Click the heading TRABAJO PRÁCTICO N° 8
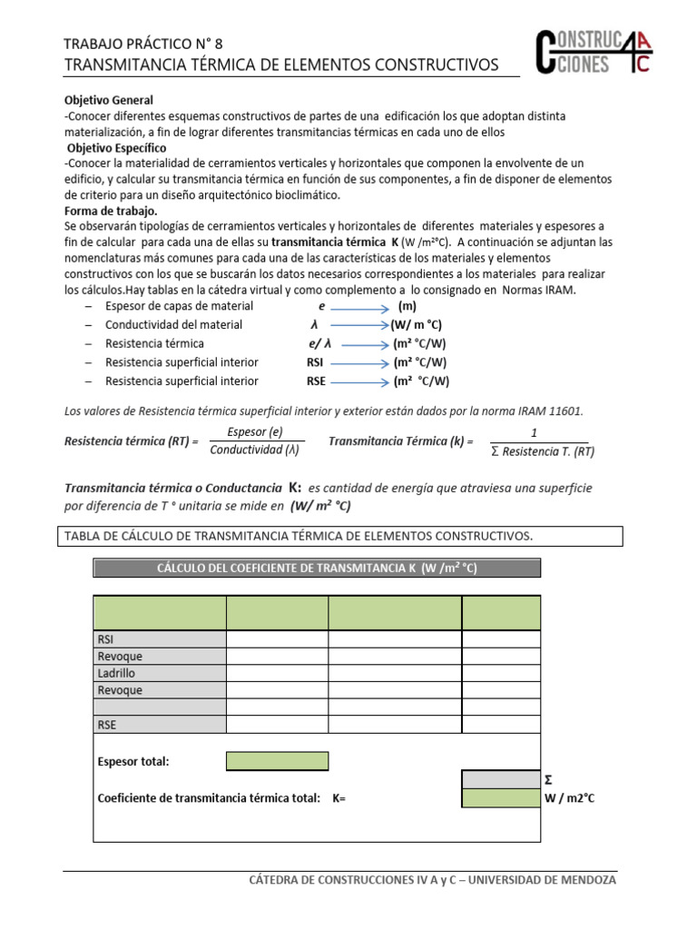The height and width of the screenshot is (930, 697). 142,43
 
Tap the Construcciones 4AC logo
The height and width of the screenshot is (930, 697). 592,54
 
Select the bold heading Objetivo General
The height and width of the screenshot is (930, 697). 109,100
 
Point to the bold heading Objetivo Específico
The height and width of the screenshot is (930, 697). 116,147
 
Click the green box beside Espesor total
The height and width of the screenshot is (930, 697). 277,761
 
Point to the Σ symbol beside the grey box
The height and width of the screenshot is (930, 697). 548,779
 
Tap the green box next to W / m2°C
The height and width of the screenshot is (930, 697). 501,798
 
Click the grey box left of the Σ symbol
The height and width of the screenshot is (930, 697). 501,779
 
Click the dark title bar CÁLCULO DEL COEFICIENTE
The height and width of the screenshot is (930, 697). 317,569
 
